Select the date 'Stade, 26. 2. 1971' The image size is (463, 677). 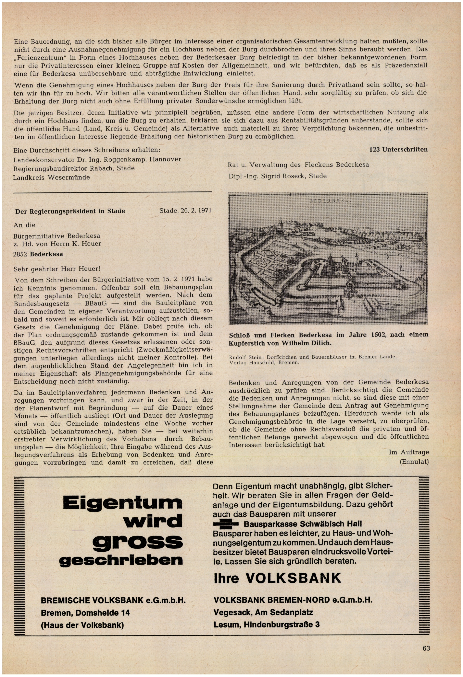(185, 210)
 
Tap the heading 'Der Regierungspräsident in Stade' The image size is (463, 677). (70, 211)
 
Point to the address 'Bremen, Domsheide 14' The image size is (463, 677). (85, 613)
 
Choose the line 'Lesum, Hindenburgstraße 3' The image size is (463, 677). (266, 625)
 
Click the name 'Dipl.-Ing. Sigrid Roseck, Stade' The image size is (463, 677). (277, 176)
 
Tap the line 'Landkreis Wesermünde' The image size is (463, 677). (51, 177)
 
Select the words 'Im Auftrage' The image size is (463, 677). (408, 452)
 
